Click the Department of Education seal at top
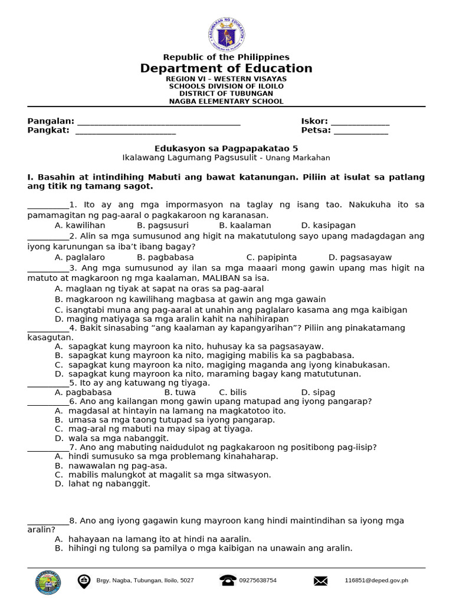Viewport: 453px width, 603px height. pos(226,34)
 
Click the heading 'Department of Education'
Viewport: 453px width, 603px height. pos(226,68)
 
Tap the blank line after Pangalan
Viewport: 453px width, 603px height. pos(159,122)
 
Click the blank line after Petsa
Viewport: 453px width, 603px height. pos(361,131)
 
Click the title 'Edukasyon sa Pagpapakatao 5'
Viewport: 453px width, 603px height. pos(226,148)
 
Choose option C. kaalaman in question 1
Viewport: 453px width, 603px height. pos(245,225)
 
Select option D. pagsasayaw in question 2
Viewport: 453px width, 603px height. pos(360,257)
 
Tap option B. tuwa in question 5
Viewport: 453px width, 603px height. pos(180,392)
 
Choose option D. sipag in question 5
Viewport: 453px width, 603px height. pos(318,392)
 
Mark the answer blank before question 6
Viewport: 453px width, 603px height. pos(48,402)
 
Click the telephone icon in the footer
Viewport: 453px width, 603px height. pos(228,581)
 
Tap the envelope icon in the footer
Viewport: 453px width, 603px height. pos(320,581)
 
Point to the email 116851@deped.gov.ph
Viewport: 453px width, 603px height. pos(376,581)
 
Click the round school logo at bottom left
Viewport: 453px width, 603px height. pos(48,582)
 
